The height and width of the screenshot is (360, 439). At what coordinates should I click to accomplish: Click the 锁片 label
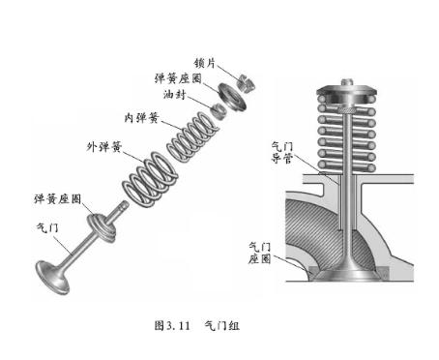point(204,63)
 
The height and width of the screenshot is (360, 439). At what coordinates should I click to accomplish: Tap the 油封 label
point(174,94)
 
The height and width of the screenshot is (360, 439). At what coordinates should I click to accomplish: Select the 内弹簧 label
point(142,118)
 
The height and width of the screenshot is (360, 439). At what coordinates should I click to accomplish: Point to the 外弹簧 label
point(104,147)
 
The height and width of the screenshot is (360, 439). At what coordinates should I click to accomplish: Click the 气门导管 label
point(281,153)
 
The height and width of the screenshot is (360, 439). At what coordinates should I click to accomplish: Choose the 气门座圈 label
point(259,254)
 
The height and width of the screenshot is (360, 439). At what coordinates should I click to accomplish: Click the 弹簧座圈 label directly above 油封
point(178,78)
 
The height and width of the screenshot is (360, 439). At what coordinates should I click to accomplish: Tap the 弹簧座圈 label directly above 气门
point(58,198)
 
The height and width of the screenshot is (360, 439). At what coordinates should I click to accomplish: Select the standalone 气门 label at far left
point(47,227)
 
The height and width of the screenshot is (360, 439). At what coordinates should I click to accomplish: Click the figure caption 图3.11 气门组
point(197,325)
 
